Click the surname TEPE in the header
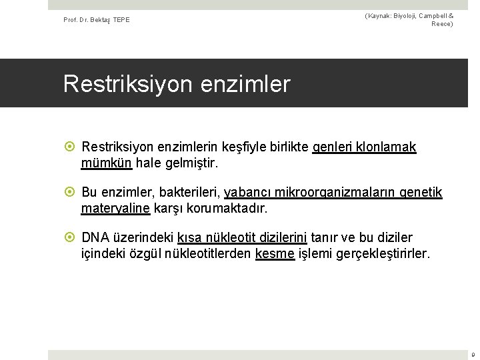point(121,19)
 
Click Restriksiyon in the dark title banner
point(124,84)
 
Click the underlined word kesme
point(275,253)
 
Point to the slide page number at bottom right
point(473,355)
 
